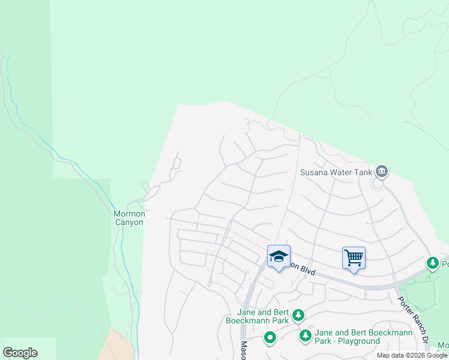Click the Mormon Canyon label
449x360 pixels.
(129, 218)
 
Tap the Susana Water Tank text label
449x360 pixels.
(336, 172)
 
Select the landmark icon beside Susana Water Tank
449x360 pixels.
(381, 172)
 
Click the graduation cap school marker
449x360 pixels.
(279, 256)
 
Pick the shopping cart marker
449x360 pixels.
(354, 258)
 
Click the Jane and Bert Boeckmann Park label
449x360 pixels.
(263, 316)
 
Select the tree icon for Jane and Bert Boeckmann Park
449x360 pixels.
(298, 314)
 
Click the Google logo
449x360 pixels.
(20, 353)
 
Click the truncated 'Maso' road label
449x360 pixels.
(245, 350)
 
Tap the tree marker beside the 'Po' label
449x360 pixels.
(432, 263)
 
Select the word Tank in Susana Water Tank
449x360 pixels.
(362, 172)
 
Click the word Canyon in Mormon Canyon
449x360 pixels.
(129, 222)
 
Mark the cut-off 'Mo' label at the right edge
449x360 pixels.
(443, 346)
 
